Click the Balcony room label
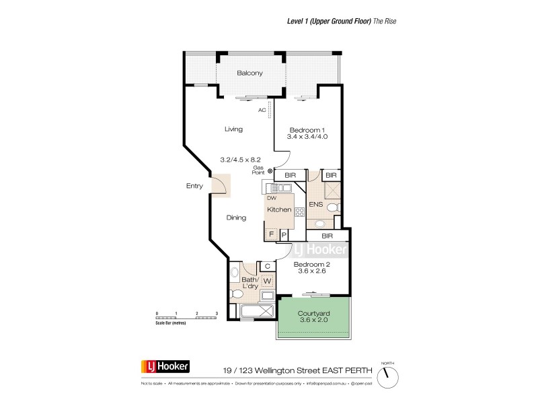249,73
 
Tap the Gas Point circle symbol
270,171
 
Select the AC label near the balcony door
261,110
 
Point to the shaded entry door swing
220,185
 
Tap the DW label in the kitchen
272,198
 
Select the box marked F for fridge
272,234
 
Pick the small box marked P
284,234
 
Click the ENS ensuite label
315,204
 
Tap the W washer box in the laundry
267,280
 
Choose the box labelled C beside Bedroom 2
267,267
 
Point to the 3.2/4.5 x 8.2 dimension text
240,160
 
